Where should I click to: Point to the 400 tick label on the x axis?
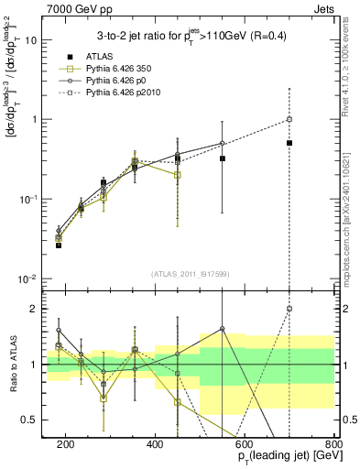[x=155, y=444]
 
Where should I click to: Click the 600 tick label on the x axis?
[x=245, y=444]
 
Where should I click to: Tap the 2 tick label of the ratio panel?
[x=38, y=309]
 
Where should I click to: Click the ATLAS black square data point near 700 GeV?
[x=289, y=143]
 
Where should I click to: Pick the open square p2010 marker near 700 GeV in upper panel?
[x=289, y=119]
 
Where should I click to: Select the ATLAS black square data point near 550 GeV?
[x=223, y=158]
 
